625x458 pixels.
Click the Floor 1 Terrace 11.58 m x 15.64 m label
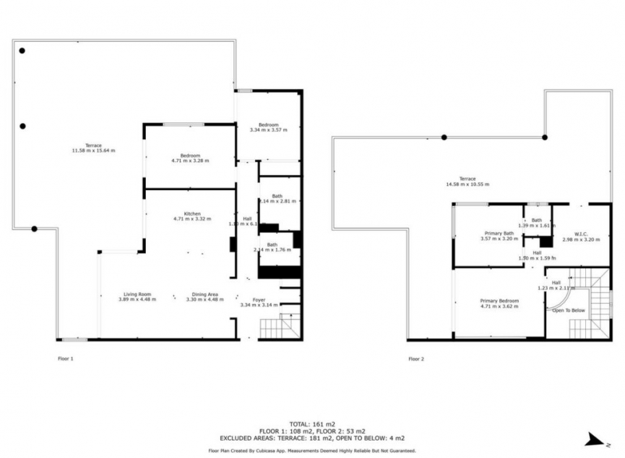tap(93, 148)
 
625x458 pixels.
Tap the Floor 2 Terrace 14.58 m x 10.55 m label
tap(467, 181)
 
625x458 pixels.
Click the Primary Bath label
tap(499, 235)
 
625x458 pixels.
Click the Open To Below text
tap(568, 310)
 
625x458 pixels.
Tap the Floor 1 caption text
tap(66, 358)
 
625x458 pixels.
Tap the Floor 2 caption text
tap(416, 358)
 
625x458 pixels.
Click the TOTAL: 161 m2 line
tap(311, 424)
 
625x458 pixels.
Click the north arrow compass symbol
tap(595, 439)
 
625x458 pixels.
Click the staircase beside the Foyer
tap(289, 327)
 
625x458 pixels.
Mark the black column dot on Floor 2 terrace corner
tap(545, 137)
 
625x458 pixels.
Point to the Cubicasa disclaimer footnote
tap(311, 450)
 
